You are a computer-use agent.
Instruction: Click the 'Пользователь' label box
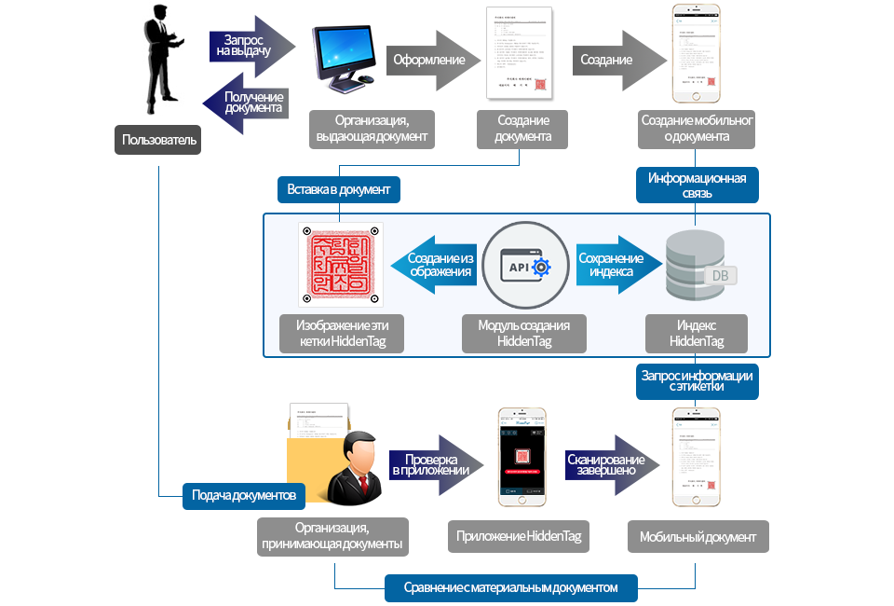point(159,140)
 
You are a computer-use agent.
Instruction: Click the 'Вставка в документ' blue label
point(339,189)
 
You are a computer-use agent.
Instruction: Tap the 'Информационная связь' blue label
point(697,186)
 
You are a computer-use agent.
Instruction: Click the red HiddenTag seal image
point(340,265)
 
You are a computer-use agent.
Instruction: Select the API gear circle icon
point(526,265)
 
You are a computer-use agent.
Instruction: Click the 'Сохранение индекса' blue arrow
point(615,265)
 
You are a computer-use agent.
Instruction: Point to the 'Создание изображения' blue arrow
point(436,265)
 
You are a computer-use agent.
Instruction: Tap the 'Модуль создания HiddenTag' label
point(524,334)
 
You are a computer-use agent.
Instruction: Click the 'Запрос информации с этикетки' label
point(697,379)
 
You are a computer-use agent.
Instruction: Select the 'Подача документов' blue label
point(243,494)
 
